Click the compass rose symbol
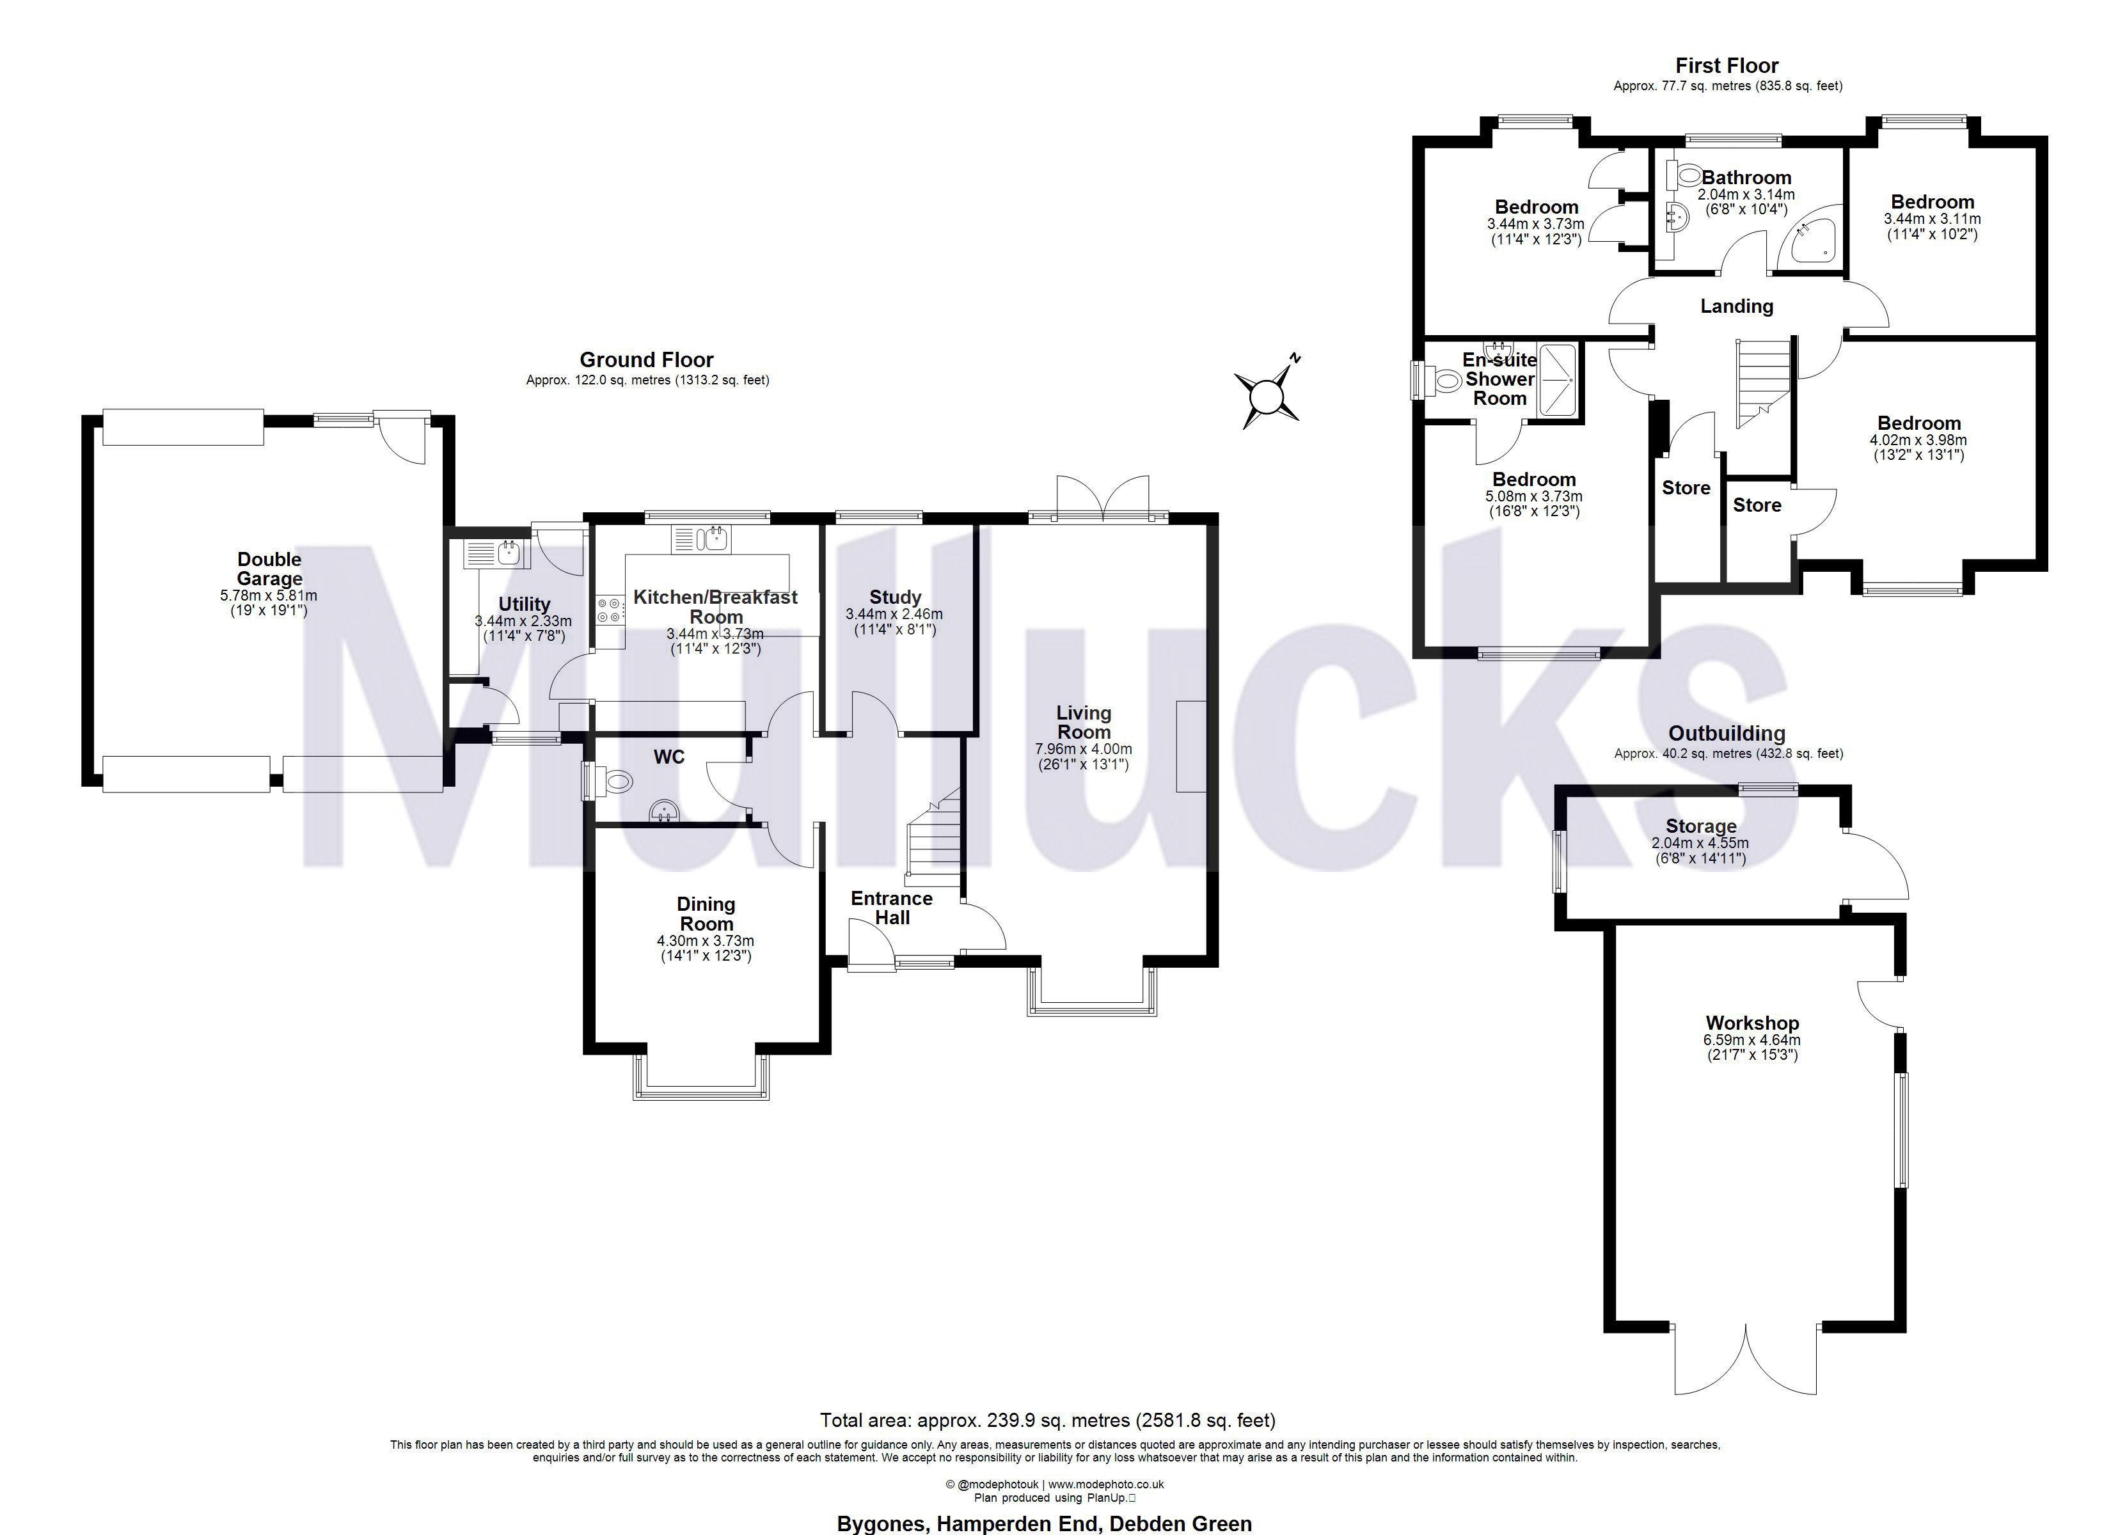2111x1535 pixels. (x=1267, y=396)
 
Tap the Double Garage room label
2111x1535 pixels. (x=269, y=569)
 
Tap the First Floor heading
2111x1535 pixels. (x=1727, y=66)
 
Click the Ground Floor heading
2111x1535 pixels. (x=646, y=360)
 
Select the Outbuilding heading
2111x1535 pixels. (x=1727, y=734)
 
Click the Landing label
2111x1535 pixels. (x=1737, y=306)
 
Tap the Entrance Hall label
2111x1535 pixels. (x=892, y=908)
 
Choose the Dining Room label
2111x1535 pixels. (x=706, y=914)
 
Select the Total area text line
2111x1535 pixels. (x=1047, y=1421)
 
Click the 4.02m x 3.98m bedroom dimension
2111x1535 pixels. (x=1918, y=440)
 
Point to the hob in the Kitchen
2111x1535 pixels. (x=610, y=610)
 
